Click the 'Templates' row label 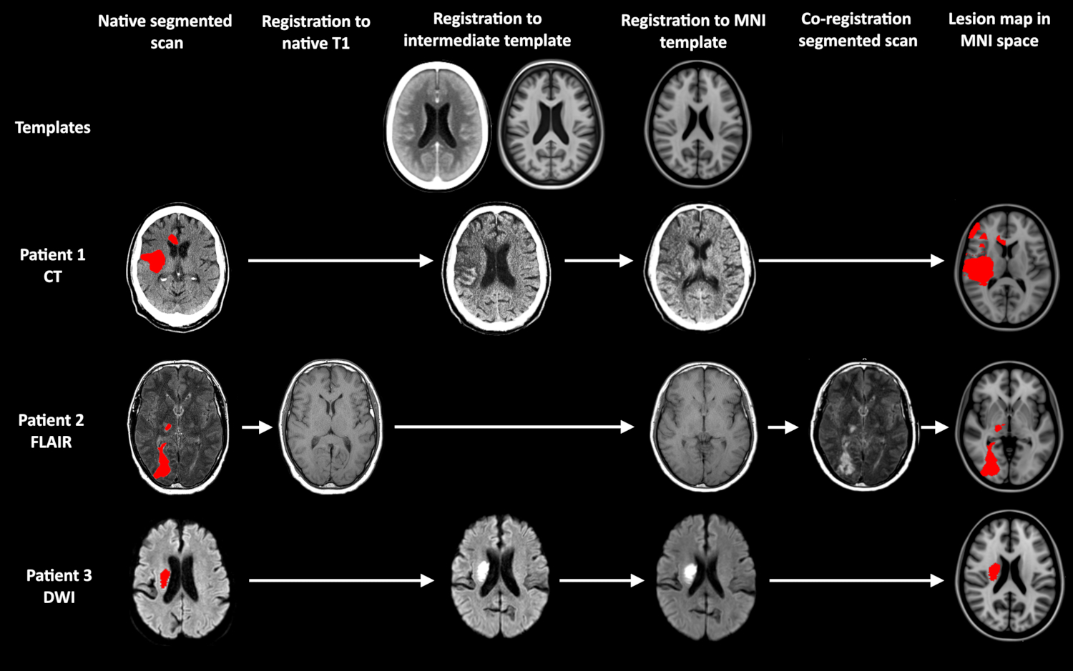53,128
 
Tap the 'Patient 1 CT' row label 52,265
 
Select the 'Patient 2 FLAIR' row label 51,430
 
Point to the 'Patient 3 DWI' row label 59,586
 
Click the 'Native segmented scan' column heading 165,31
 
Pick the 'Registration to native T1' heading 315,32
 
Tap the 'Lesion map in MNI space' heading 999,30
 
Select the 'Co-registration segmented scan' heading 857,30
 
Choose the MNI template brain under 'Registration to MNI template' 698,124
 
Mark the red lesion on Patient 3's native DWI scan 165,577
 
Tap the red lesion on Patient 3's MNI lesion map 994,571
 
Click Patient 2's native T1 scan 330,427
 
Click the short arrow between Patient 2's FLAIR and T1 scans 257,427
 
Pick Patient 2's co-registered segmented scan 861,427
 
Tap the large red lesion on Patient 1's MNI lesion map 977,268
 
